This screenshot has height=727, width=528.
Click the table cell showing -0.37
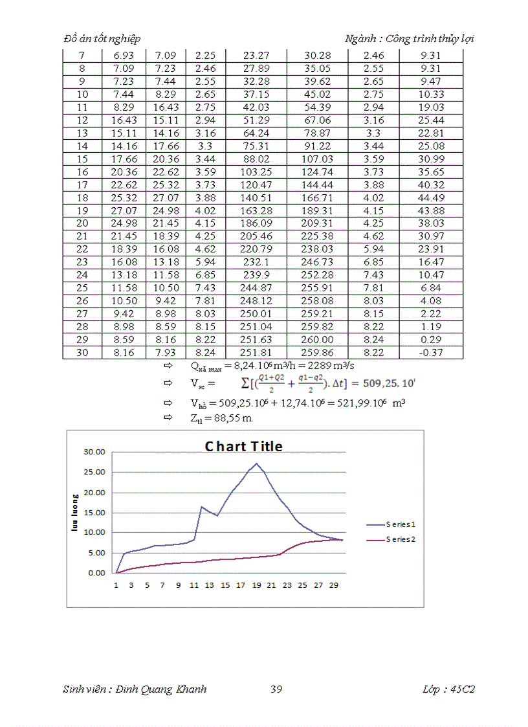431,353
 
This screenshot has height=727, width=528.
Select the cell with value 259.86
317,353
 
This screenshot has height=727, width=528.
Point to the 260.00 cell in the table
317,340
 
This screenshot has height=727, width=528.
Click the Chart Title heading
244,446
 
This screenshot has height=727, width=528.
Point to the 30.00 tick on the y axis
95,452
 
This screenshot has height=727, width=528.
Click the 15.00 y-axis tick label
95,513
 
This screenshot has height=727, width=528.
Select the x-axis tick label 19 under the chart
257,585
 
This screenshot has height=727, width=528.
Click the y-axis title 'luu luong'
74,513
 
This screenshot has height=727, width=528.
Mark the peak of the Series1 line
257,464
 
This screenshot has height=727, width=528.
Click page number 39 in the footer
276,689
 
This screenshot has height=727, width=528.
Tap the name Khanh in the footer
191,689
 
